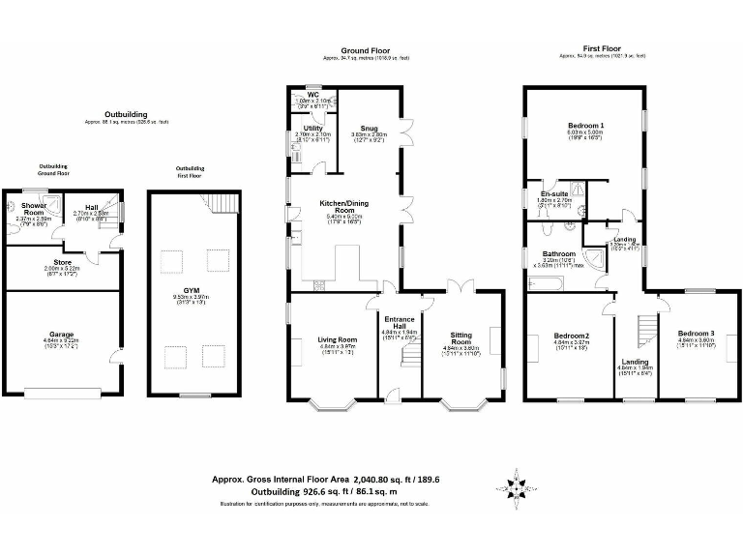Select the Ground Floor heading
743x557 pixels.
coord(365,49)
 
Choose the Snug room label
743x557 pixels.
coord(368,127)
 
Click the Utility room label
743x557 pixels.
coord(312,127)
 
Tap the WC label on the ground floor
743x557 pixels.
coord(313,94)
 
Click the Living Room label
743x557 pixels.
coord(338,339)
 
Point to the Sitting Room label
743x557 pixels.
coord(461,337)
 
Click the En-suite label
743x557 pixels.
coord(553,193)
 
